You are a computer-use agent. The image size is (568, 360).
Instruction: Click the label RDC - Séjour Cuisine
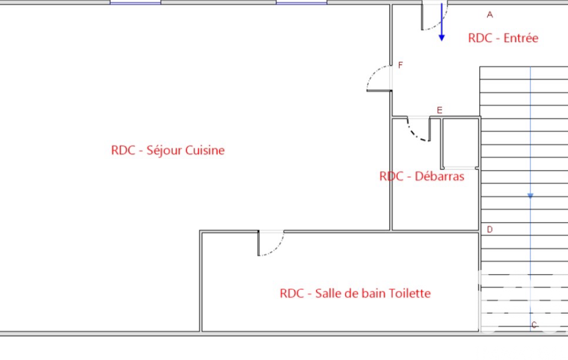point(168,150)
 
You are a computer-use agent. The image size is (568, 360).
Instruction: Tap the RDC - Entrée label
point(503,38)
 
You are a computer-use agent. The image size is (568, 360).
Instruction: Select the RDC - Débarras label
point(422,177)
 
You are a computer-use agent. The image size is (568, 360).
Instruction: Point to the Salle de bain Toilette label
point(355,293)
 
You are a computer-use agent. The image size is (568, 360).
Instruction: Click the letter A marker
point(490,14)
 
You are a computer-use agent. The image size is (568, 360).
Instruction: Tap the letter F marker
point(400,65)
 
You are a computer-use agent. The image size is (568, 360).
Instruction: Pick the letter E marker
point(439,110)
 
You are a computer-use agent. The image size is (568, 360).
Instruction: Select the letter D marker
point(490,229)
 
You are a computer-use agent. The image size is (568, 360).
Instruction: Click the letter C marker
point(534,325)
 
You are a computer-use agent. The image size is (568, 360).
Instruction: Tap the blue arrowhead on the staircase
point(530,196)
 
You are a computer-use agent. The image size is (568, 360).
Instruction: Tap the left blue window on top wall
point(135,2)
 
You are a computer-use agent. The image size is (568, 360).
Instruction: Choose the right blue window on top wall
point(301,2)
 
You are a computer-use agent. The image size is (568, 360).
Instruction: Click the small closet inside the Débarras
point(460,143)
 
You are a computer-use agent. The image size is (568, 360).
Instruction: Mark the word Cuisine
point(204,150)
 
